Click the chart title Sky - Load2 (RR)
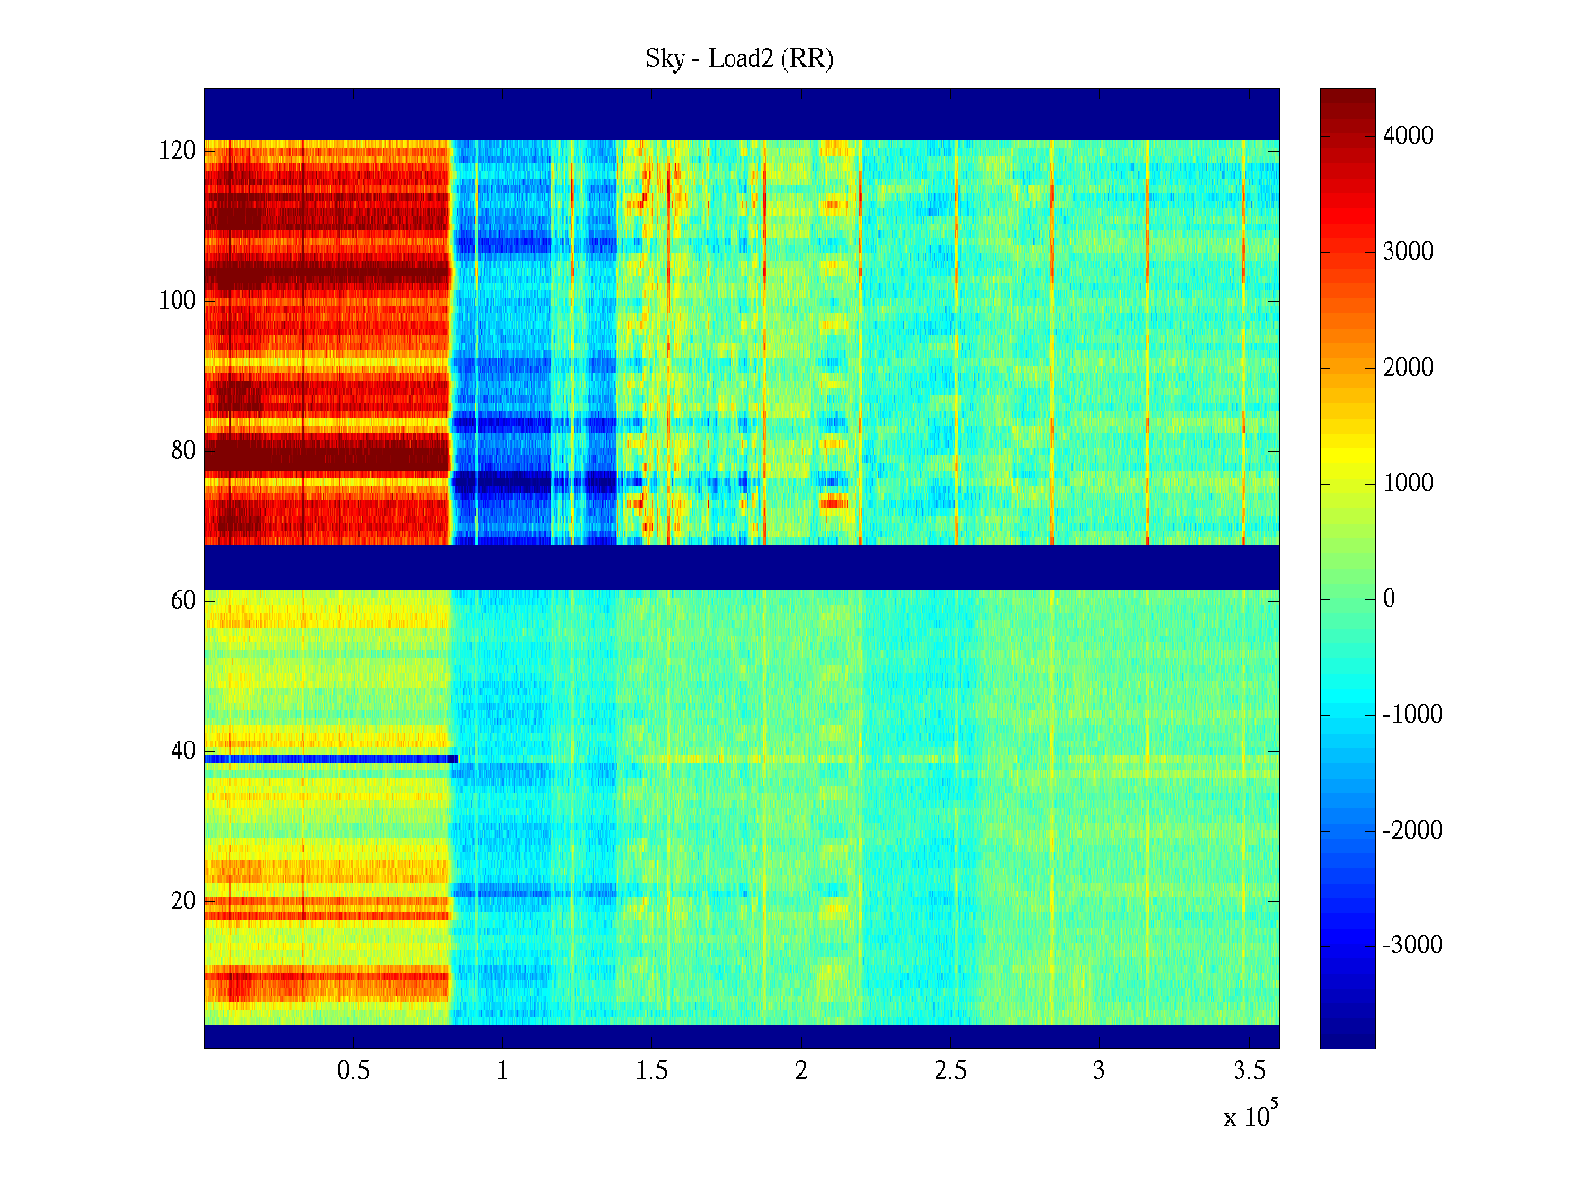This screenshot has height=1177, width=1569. [x=738, y=59]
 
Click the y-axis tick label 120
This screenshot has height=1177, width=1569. [x=177, y=151]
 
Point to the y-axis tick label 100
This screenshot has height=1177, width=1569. [x=177, y=301]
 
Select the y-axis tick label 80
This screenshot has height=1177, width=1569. [x=183, y=451]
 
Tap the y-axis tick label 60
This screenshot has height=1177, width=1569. [x=183, y=601]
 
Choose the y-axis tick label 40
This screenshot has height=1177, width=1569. [x=183, y=751]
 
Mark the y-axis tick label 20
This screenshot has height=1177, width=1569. [x=183, y=901]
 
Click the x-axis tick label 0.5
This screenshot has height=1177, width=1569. [x=354, y=1071]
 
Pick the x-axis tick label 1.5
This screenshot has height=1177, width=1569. [x=652, y=1071]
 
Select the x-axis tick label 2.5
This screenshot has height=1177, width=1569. [x=950, y=1071]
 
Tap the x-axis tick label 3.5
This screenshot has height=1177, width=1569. [x=1248, y=1071]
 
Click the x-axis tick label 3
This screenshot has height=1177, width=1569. [x=1099, y=1071]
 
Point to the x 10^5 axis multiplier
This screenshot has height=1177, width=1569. [x=1250, y=1116]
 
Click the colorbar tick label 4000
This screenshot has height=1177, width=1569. [x=1408, y=136]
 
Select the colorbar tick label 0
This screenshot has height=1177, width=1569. [x=1389, y=599]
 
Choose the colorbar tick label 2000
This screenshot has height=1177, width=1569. [x=1408, y=368]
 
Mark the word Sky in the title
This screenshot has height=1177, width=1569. [x=664, y=59]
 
